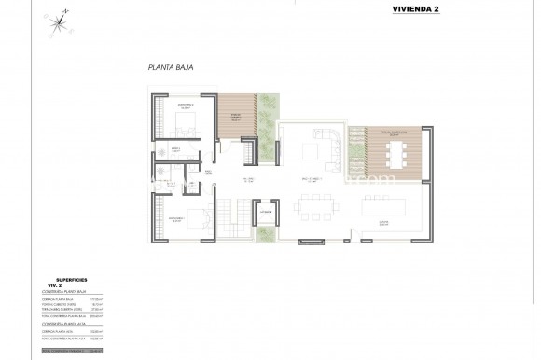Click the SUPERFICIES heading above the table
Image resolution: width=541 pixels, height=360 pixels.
coord(71,278)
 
